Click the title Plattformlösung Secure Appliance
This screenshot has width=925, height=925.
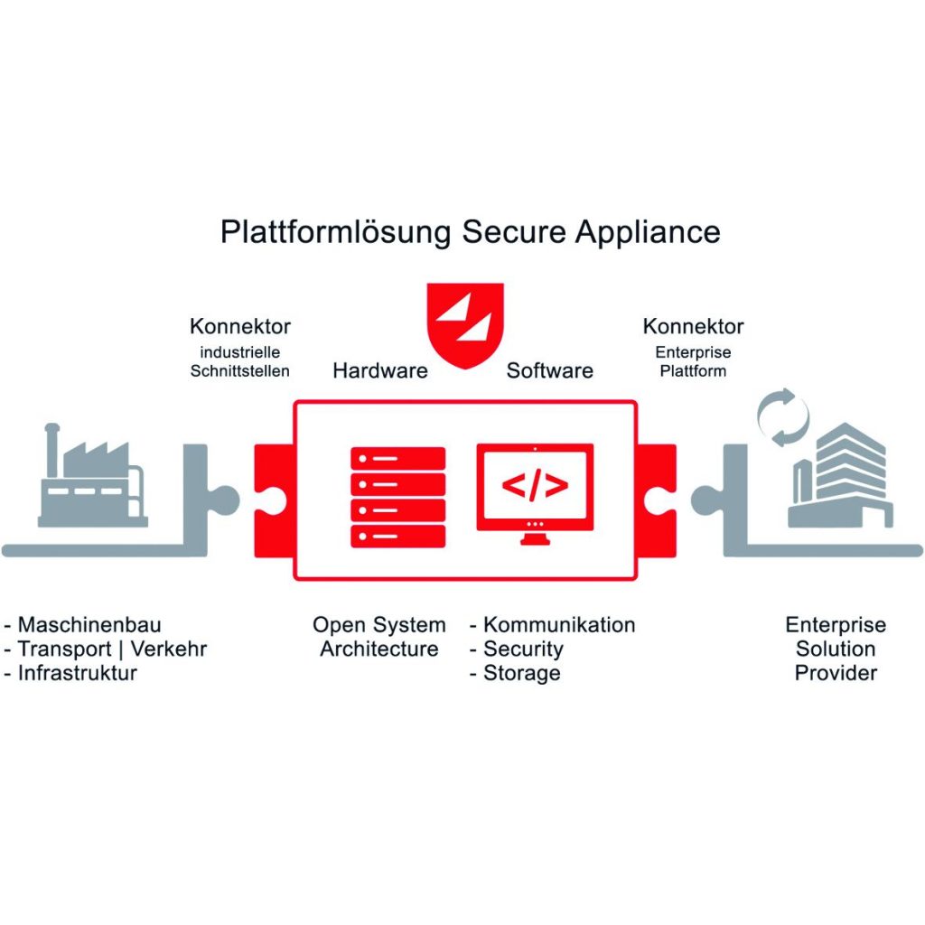click(x=470, y=231)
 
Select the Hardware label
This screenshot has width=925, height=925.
click(x=380, y=370)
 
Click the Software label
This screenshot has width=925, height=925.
click(x=549, y=370)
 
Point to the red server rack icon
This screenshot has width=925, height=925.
click(x=398, y=497)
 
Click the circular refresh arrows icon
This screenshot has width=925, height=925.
click(x=778, y=416)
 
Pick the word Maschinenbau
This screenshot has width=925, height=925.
click(x=89, y=625)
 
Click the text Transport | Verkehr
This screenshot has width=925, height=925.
click(x=112, y=649)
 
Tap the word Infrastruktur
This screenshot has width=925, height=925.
click(x=77, y=674)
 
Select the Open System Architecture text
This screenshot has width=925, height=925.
click(x=379, y=637)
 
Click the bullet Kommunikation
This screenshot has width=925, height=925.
click(x=558, y=625)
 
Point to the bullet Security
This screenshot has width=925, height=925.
click(x=523, y=649)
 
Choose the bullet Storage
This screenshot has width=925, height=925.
click(x=521, y=674)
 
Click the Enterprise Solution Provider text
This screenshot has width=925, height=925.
click(x=836, y=649)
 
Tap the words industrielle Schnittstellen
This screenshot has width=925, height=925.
click(x=240, y=361)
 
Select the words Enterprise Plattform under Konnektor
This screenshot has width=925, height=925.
click(x=693, y=361)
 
